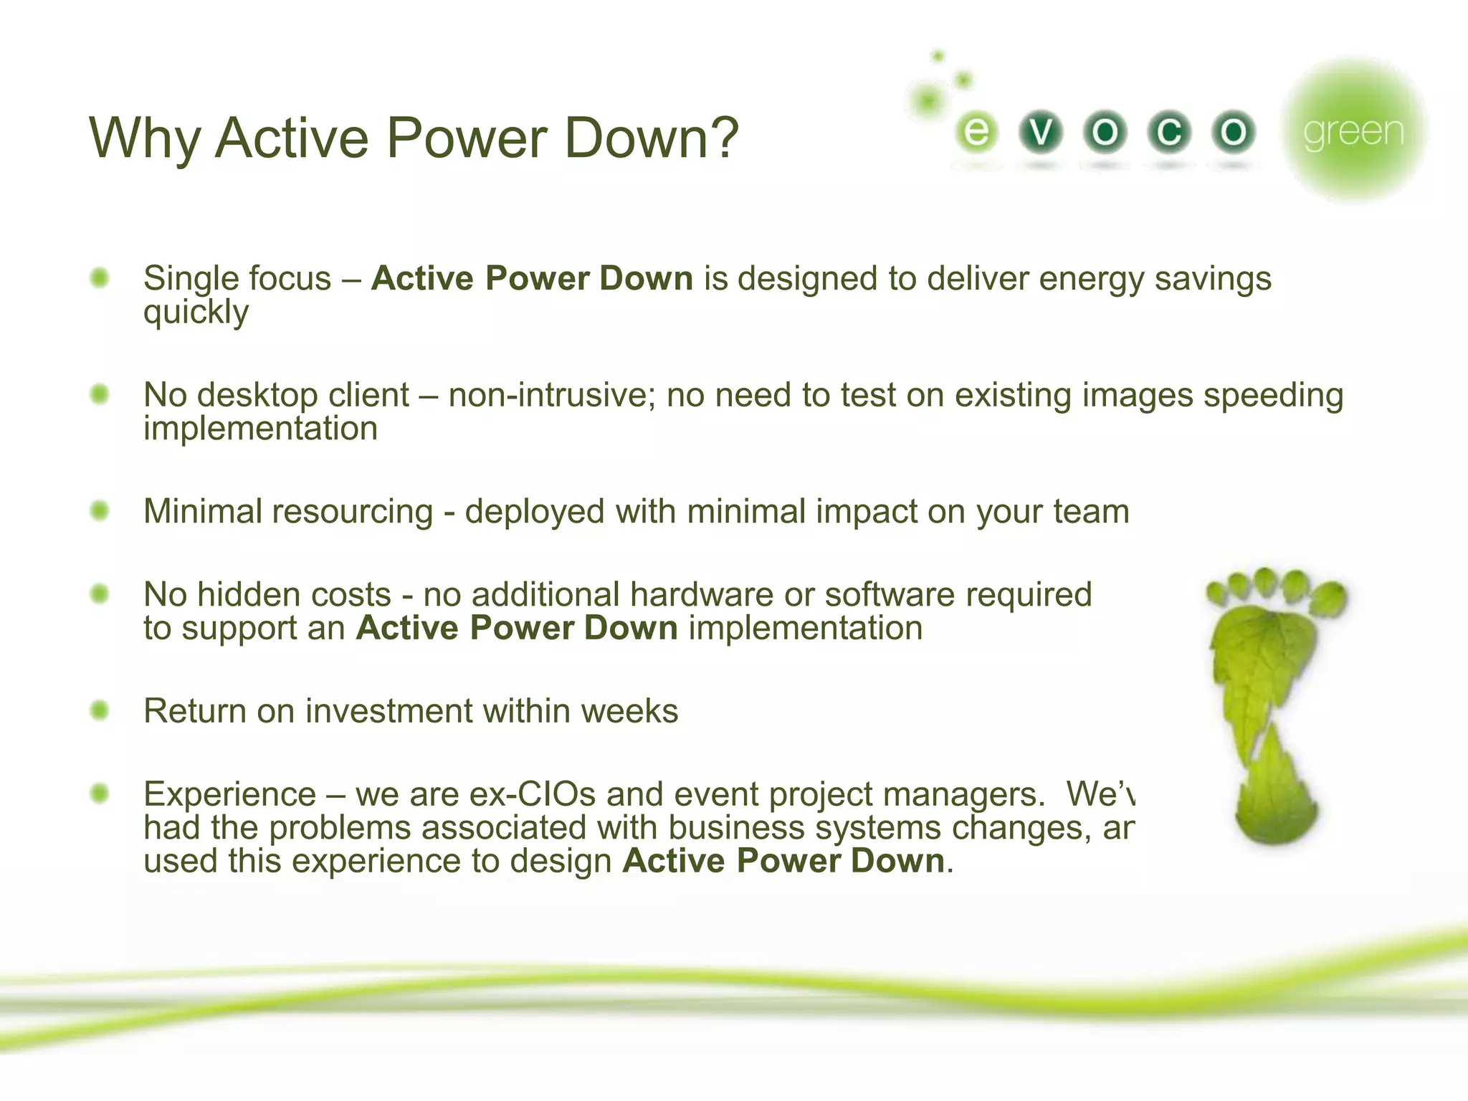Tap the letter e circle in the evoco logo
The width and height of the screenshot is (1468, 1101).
(976, 132)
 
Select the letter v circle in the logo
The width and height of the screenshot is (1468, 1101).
(1041, 132)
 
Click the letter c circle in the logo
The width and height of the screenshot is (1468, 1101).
(1169, 132)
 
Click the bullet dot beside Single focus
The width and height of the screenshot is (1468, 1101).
(100, 277)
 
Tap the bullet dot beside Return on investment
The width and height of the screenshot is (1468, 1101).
(100, 710)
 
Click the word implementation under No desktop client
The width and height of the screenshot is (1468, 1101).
(260, 429)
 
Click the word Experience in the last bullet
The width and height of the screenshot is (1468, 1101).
(229, 794)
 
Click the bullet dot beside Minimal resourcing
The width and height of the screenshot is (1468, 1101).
(100, 510)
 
